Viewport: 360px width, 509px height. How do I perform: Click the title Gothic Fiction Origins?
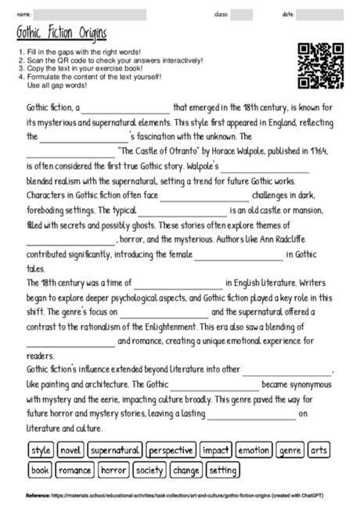[x=61, y=34]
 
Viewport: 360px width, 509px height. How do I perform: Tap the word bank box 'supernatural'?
[x=114, y=450]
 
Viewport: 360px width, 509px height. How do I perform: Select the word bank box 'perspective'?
[x=171, y=450]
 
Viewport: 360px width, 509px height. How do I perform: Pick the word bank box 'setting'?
[x=223, y=471]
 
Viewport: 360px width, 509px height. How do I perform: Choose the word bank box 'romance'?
[x=74, y=471]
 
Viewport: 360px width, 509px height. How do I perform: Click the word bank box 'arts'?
[x=319, y=450]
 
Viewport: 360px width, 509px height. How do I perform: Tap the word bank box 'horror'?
[x=113, y=471]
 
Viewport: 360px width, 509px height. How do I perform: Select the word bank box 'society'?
[x=149, y=471]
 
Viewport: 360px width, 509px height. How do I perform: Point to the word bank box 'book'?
[x=41, y=471]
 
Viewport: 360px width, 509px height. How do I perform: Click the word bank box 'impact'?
[x=214, y=450]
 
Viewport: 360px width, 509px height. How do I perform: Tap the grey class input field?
[x=242, y=15]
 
